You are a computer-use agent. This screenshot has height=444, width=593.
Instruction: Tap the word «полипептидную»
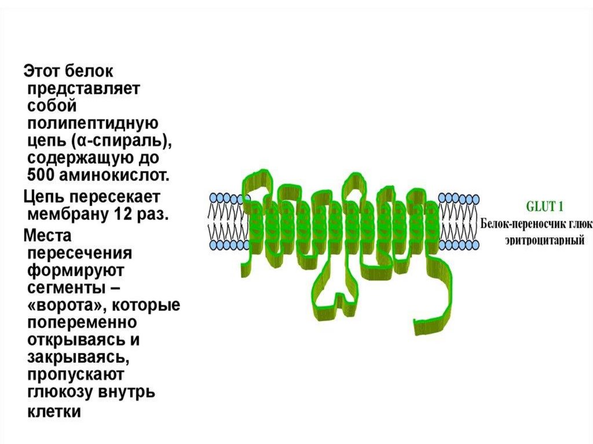(x=93, y=124)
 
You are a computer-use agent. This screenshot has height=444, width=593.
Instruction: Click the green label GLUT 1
(x=544, y=206)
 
